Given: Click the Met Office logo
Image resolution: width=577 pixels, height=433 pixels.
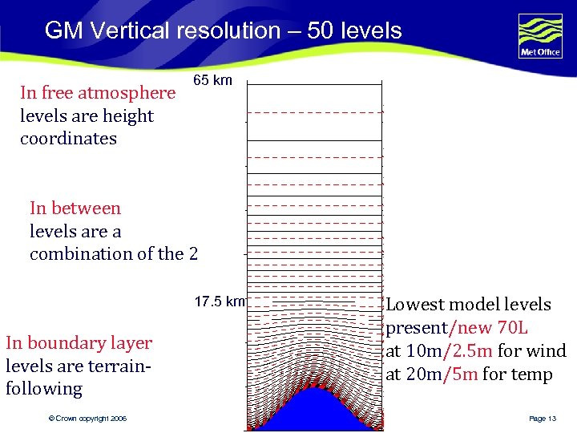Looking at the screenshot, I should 540,36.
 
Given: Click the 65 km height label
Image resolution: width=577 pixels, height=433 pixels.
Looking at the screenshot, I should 212,80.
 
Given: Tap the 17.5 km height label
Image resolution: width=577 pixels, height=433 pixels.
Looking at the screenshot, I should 220,302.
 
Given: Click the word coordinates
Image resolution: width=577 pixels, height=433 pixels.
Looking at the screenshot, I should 68,139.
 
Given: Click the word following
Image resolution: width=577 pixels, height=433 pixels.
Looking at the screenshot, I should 44,390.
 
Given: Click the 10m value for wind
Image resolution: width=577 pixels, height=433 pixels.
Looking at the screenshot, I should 422,351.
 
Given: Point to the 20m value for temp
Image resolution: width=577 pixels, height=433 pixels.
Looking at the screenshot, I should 422,374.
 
